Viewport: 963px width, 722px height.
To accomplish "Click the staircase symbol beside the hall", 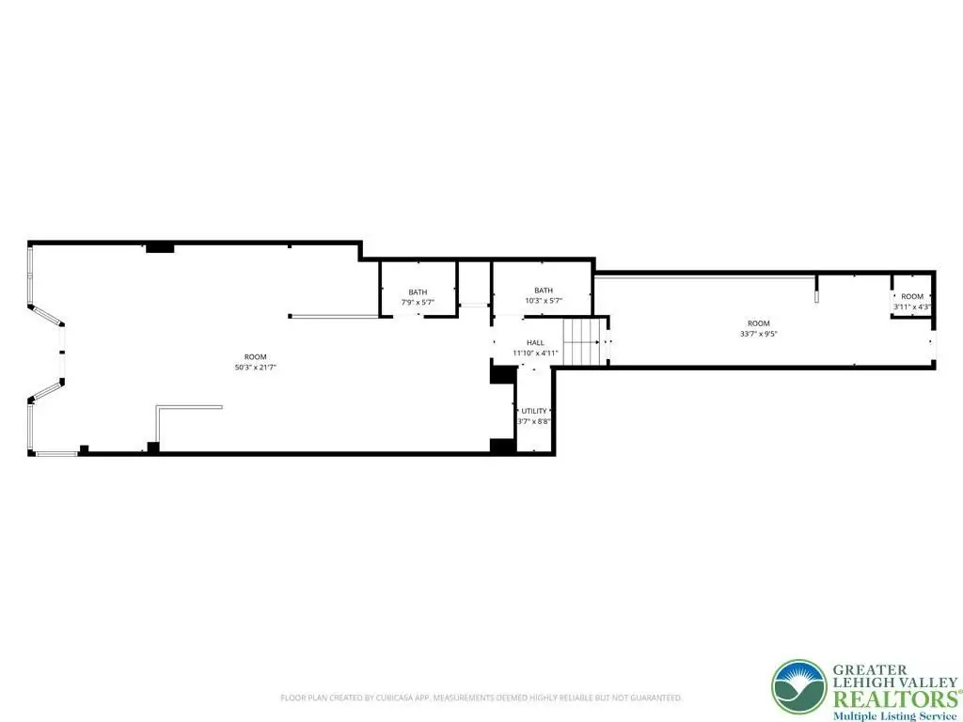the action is click(581, 342).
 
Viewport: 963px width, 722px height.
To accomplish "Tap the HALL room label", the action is click(535, 342).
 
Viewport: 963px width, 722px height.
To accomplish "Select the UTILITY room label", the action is click(534, 411).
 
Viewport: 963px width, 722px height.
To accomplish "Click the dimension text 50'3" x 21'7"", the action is click(256, 368).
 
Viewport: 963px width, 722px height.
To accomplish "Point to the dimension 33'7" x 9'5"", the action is click(759, 334).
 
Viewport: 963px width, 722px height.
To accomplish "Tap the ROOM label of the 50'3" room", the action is click(256, 356).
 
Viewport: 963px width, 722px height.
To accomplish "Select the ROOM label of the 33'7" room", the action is click(759, 323).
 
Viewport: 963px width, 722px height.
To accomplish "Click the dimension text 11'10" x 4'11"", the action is click(535, 353).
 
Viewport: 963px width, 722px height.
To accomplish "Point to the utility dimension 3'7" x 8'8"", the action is click(534, 421).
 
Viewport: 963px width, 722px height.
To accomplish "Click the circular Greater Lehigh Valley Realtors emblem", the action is click(798, 686).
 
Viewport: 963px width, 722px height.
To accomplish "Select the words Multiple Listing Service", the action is click(895, 715).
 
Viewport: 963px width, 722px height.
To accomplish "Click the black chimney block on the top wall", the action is click(160, 248).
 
